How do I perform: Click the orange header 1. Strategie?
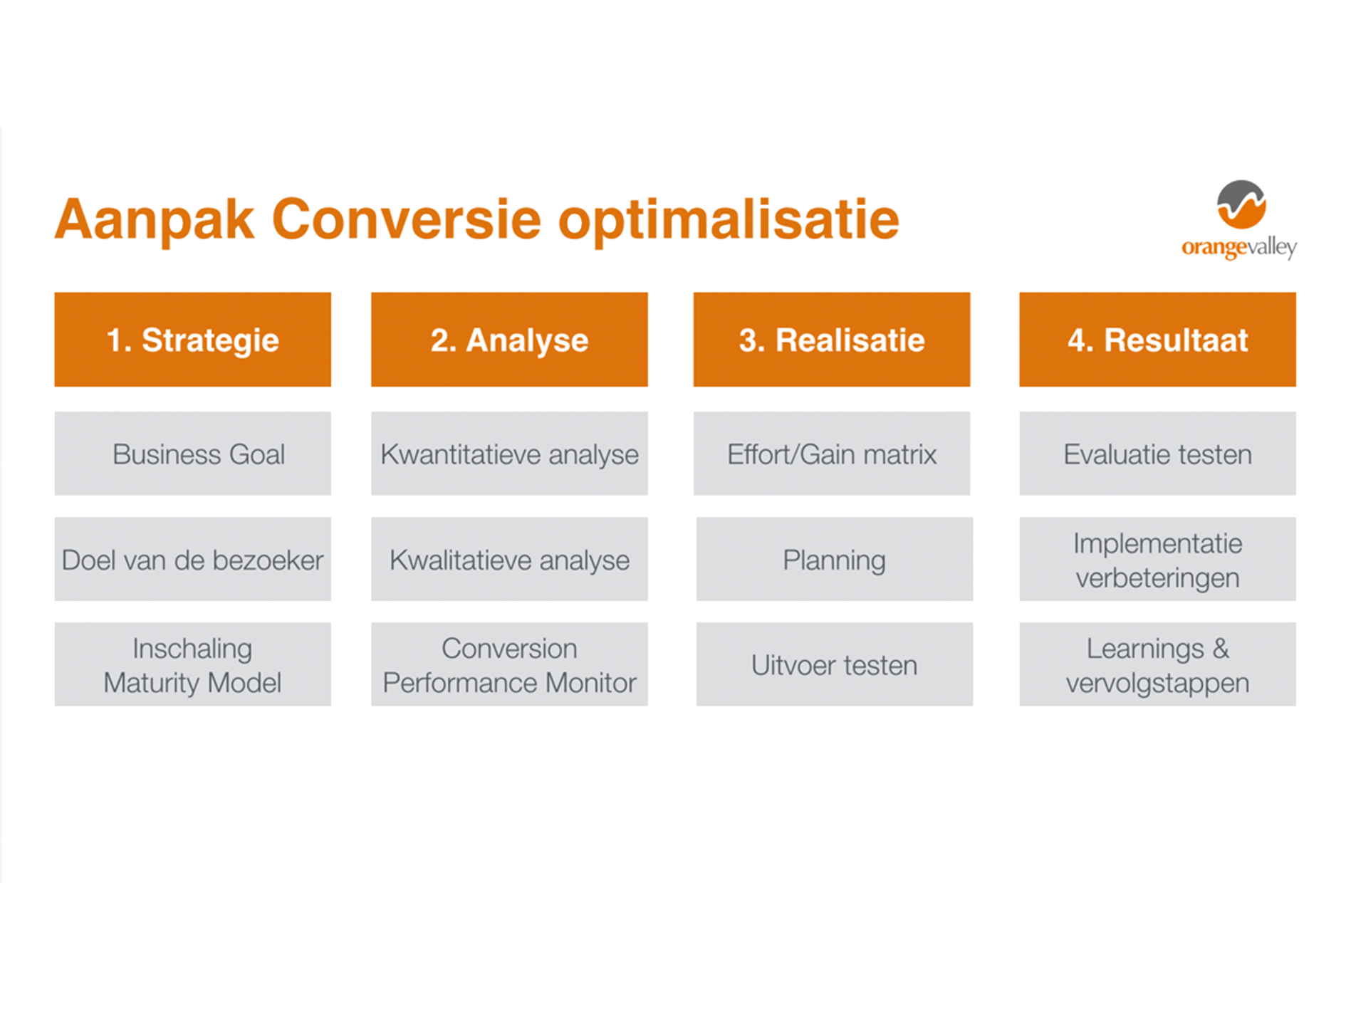coord(192,340)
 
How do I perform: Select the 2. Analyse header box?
coord(509,340)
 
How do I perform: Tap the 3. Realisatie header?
coord(832,340)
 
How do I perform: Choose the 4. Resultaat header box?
coord(1157,340)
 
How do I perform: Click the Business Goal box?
coord(192,454)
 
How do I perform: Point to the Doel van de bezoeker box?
coord(192,559)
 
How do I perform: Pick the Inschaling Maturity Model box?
coord(192,664)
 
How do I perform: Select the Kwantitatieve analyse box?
coord(509,454)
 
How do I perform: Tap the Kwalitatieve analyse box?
coord(509,559)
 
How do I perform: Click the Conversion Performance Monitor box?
coord(509,664)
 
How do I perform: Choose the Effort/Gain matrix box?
coord(832,454)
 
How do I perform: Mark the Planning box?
coord(835,559)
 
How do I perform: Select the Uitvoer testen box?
coord(835,664)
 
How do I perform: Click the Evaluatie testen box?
coord(1157,454)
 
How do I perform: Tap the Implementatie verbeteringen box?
coord(1157,559)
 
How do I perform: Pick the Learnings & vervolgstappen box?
coord(1157,664)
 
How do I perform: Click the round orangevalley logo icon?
coord(1241,204)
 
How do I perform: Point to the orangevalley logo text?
coord(1239,248)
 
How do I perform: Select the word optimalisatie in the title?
coord(729,220)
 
